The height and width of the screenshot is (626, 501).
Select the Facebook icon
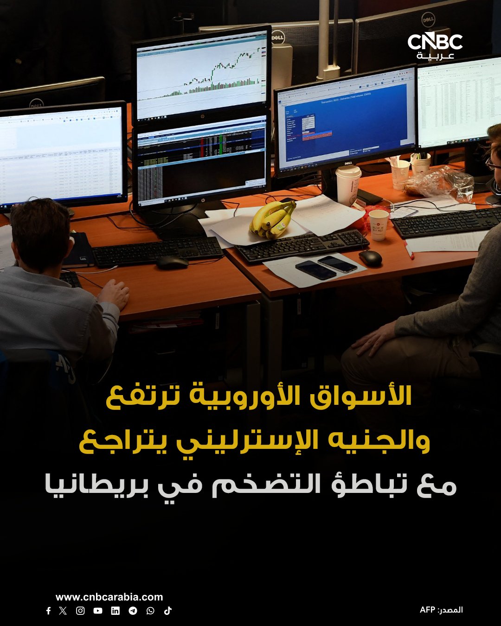pyautogui.click(x=48, y=611)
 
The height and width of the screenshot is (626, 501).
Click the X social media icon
pyautogui.click(x=63, y=611)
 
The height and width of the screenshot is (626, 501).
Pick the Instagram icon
pyautogui.click(x=80, y=611)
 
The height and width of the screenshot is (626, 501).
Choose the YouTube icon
pyautogui.click(x=98, y=611)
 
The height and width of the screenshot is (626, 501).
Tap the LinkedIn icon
pyautogui.click(x=116, y=611)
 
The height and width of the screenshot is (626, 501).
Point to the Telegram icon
pyautogui.click(x=133, y=611)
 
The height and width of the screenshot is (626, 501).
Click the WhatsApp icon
pyautogui.click(x=150, y=611)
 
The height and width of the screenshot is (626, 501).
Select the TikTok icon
pyautogui.click(x=168, y=611)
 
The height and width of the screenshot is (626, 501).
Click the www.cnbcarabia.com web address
pyautogui.click(x=109, y=597)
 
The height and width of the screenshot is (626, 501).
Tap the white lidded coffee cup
pyautogui.click(x=348, y=185)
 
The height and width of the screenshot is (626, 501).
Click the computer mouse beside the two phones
pyautogui.click(x=370, y=258)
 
